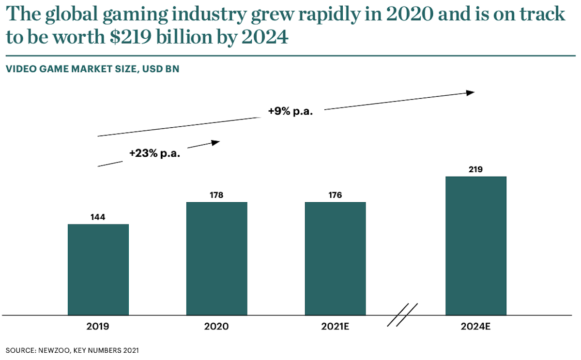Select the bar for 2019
point(98,270)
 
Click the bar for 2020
point(216,258)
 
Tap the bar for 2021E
point(335,258)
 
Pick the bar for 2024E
point(476,246)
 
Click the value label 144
point(98,217)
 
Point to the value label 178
point(216,195)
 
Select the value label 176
point(335,195)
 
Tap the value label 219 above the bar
point(476,169)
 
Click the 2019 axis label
point(98,327)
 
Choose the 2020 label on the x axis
point(216,327)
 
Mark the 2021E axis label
point(335,327)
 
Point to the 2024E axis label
point(476,327)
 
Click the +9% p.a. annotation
point(290,112)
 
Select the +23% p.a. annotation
point(154,153)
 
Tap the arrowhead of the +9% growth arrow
point(470,92)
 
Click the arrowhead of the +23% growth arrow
point(215,142)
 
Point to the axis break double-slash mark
point(402,315)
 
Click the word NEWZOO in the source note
point(54,349)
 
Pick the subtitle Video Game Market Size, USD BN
point(92,69)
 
